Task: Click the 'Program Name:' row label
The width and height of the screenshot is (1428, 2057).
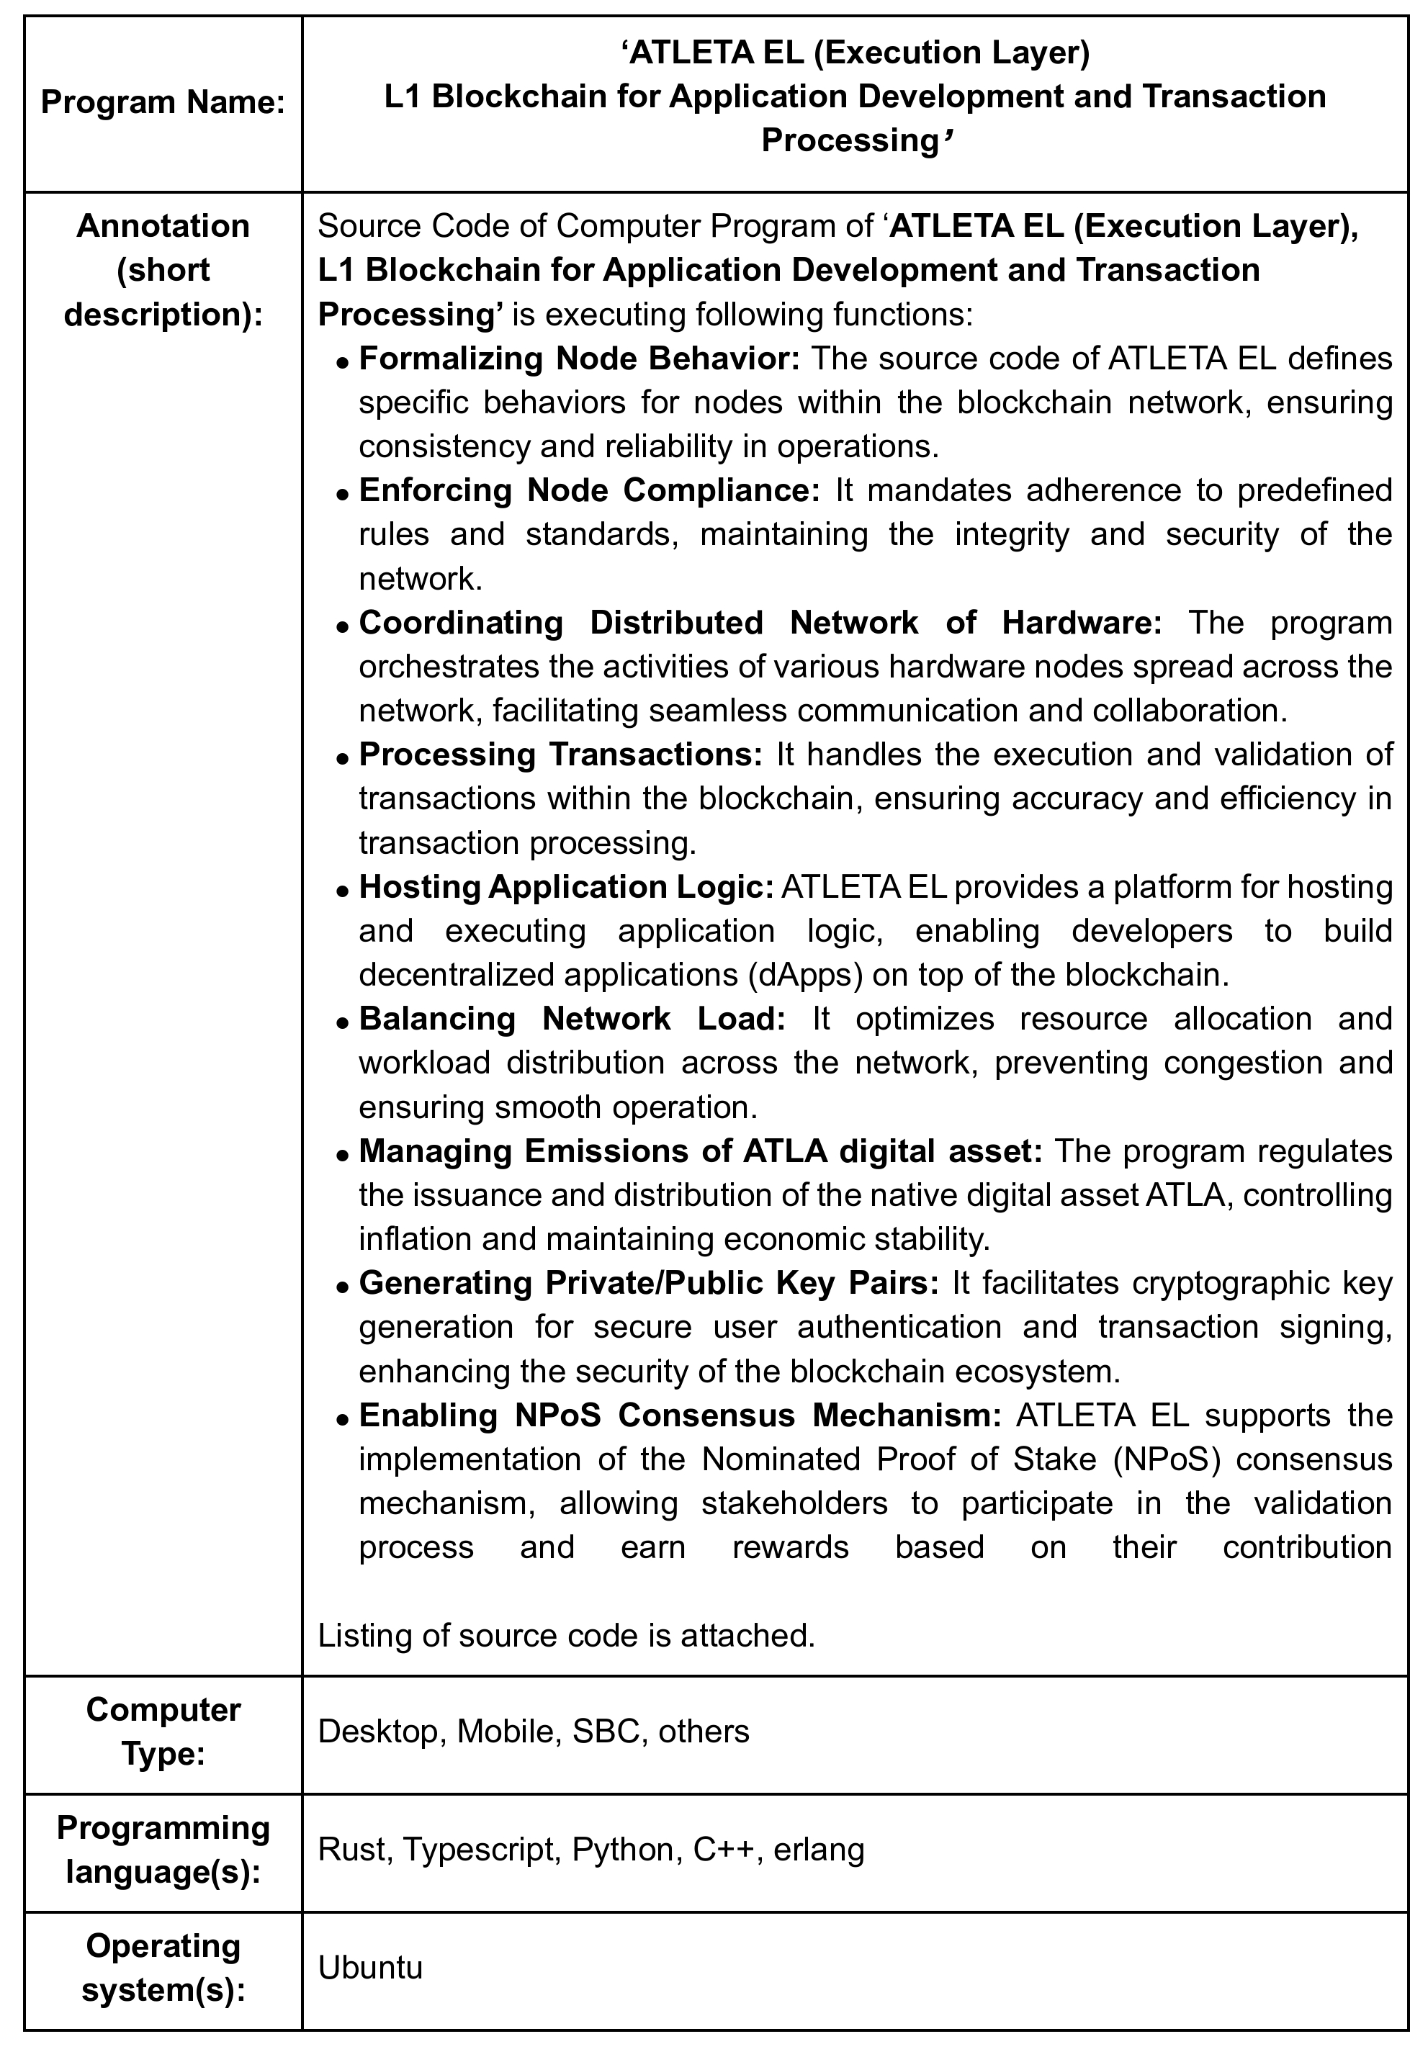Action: pos(163,103)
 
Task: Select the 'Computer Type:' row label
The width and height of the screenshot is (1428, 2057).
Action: pos(163,1731)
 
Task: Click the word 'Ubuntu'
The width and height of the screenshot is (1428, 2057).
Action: pos(369,1967)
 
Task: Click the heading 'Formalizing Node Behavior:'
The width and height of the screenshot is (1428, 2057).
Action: pos(579,359)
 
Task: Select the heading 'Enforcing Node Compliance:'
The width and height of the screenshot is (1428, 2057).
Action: pos(589,490)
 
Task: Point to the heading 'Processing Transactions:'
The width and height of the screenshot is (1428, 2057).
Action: pos(560,755)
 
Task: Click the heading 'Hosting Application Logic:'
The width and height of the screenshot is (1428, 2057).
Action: pos(566,886)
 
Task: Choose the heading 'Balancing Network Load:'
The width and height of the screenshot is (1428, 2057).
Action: pos(572,1019)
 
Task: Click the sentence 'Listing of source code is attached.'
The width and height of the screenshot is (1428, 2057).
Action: pos(566,1635)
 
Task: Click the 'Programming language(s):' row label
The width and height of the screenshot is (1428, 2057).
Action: pos(163,1849)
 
